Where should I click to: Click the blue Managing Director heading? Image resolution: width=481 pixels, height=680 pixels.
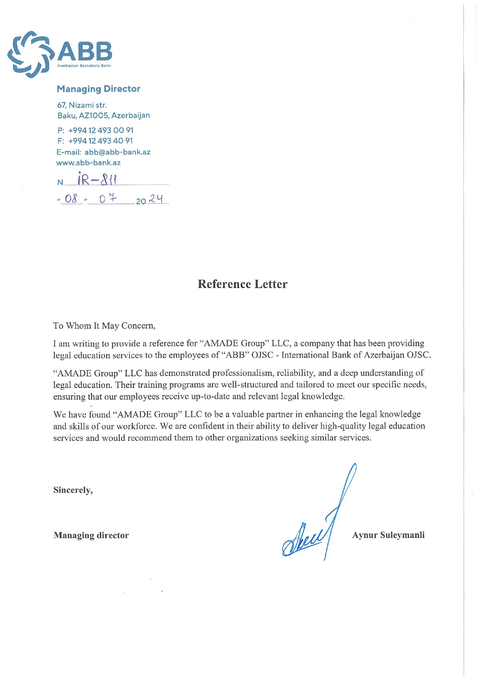click(x=98, y=89)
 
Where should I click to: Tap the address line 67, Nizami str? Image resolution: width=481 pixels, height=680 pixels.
click(x=82, y=105)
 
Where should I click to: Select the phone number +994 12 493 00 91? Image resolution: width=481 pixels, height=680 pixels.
click(x=101, y=130)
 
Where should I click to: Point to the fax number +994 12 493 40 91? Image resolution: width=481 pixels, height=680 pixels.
click(x=100, y=141)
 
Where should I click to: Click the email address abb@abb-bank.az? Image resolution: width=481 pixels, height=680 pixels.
click(x=117, y=152)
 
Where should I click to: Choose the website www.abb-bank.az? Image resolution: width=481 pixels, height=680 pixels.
click(x=88, y=163)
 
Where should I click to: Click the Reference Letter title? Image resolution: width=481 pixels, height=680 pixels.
click(x=242, y=284)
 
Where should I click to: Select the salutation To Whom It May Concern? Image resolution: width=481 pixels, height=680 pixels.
click(x=104, y=325)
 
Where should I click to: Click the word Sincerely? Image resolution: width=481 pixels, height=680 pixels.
click(x=73, y=490)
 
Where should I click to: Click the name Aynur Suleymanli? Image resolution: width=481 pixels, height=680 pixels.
click(x=388, y=535)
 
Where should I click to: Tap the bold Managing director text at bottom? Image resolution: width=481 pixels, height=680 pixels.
click(x=91, y=535)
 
